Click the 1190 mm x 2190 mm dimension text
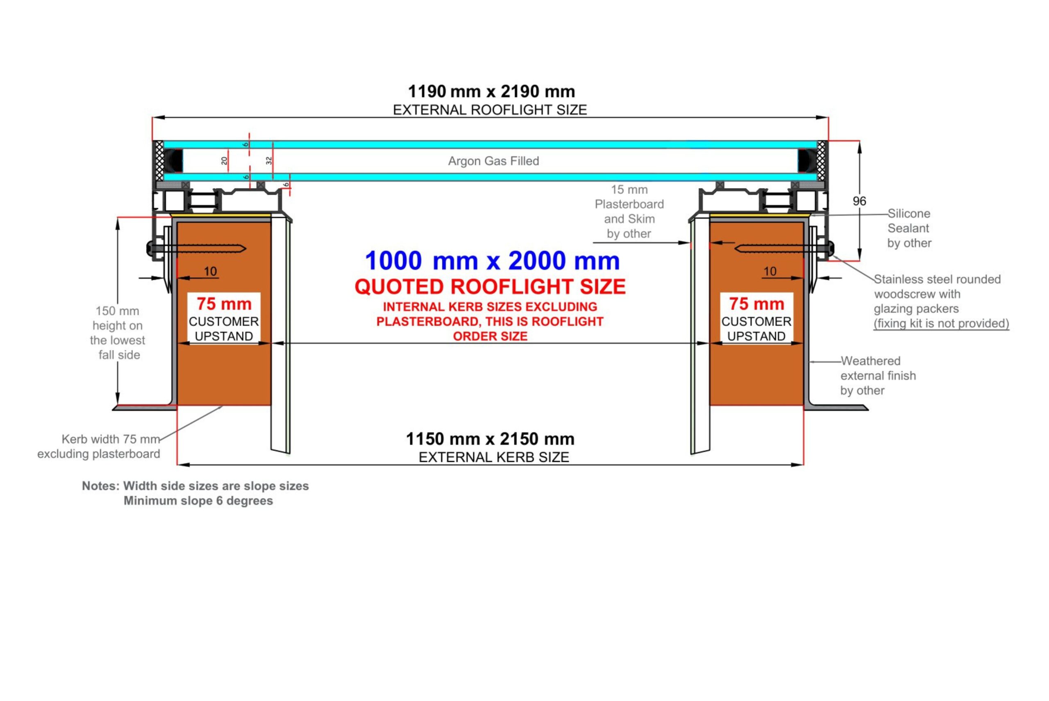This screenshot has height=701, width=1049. pos(491,91)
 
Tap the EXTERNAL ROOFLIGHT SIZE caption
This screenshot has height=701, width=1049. pos(490,110)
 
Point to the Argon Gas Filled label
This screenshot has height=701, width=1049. pos(494,161)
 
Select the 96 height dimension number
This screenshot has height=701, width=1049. pos(859,201)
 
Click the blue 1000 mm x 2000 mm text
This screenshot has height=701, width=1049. pos(492,261)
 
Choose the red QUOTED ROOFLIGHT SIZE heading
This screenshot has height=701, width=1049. pos(490,286)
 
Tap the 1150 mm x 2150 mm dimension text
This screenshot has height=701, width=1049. pos(490,439)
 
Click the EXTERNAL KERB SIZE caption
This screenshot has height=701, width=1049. pos(494,457)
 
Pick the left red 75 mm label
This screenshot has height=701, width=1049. pos(224,304)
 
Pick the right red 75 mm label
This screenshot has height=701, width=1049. pos(756,304)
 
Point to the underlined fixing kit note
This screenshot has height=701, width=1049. pos(941,323)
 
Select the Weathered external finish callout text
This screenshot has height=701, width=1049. pos(878,376)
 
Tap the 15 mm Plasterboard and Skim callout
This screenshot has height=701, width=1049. pos(629,211)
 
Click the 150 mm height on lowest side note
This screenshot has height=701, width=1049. pos(118,333)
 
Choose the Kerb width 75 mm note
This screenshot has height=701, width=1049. pos(99,446)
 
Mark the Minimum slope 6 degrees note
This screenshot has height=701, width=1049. pos(198,501)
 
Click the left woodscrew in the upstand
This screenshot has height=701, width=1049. pos(197,249)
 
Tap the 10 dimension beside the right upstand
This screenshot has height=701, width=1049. pos(770,271)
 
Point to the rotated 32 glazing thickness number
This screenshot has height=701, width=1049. pos(269,161)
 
